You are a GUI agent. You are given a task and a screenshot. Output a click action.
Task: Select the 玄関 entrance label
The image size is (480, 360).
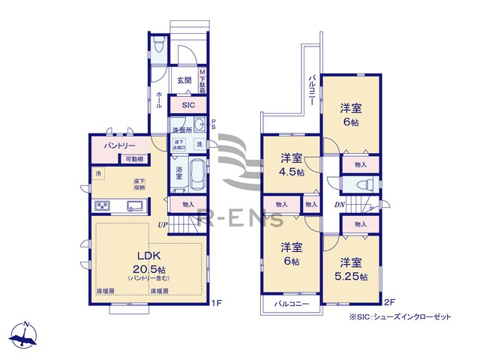[x=184, y=80]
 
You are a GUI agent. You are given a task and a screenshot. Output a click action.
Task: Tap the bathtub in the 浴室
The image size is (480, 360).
[x=197, y=177]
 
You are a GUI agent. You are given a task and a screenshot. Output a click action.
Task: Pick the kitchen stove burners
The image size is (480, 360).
[x=103, y=206]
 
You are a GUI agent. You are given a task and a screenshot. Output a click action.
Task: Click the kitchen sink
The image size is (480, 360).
[x=135, y=206]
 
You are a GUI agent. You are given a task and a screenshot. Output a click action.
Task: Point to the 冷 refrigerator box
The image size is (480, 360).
[x=99, y=175]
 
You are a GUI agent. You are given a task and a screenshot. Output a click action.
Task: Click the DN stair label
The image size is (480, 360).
[x=340, y=205]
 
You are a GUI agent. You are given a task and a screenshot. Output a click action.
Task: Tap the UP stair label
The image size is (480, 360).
[x=162, y=223]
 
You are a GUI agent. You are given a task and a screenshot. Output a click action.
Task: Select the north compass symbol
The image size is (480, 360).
[x=25, y=335]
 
